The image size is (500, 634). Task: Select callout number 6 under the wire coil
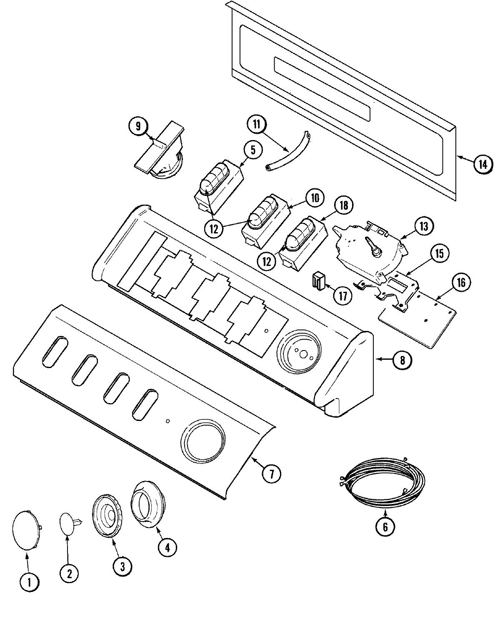[x=385, y=526]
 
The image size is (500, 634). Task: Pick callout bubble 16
[x=461, y=283]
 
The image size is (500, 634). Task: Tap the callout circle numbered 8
[x=402, y=360]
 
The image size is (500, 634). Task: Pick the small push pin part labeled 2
[x=69, y=523]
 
